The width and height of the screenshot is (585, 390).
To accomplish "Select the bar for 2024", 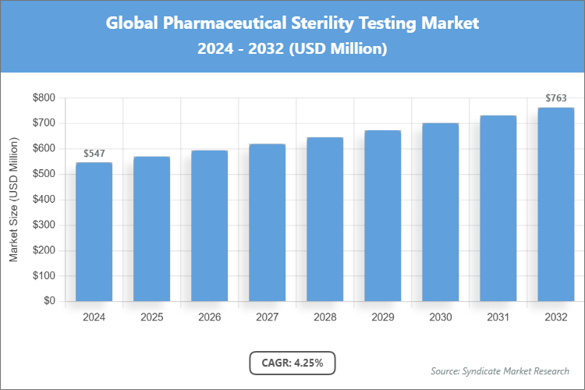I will pos(94,232).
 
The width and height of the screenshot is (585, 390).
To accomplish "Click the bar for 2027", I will pos(267,222).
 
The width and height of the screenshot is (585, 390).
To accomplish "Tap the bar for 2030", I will pos(440,212).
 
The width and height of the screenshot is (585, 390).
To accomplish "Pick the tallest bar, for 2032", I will pos(555,204).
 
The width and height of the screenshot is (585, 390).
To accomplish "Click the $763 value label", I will pos(555,99).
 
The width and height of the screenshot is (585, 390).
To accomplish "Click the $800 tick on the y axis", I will pos(44,97).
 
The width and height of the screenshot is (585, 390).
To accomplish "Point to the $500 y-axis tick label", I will pos(44,174).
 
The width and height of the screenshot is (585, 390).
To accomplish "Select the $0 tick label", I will pos(49,301).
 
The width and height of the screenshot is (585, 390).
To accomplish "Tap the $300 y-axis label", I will pos(44,225).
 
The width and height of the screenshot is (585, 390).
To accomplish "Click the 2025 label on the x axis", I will pos(151,317).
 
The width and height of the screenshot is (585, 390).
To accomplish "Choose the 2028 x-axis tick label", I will pos(324,317).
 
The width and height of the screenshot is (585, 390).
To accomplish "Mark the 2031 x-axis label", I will pos(498,317).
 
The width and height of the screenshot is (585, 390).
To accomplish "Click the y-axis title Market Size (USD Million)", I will pos(13,200).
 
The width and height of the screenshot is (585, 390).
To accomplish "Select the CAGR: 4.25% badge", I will pos(292,363).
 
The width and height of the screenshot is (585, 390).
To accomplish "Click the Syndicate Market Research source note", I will pos(499,370).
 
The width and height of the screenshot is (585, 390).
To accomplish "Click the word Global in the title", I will pos(138,23).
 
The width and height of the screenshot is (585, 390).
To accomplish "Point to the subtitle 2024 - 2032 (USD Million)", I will pos(292,48).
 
